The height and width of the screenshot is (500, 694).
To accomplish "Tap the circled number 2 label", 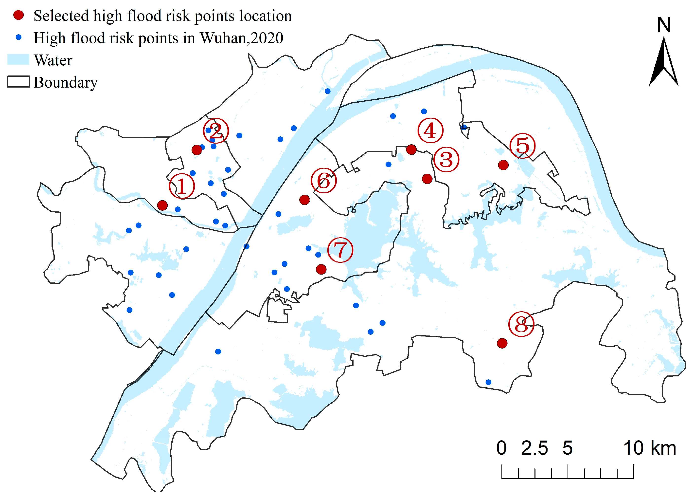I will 216,131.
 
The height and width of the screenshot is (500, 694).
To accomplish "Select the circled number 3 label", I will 446,160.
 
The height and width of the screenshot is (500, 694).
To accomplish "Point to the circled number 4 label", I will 430,131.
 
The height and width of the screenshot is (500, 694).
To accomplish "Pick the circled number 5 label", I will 523,146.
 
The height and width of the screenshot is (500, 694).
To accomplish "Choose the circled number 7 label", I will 340,250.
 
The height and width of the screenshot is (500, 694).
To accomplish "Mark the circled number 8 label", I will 521,324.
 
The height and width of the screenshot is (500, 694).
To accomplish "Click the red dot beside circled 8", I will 502,343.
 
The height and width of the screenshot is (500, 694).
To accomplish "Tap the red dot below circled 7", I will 321,269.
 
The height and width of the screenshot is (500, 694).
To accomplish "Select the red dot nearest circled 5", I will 503,165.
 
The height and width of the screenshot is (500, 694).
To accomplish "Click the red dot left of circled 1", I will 162,205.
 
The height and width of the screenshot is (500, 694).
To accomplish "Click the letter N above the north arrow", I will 664,25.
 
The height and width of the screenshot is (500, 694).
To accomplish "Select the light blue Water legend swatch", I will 18,59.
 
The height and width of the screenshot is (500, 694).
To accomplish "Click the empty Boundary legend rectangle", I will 18,82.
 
